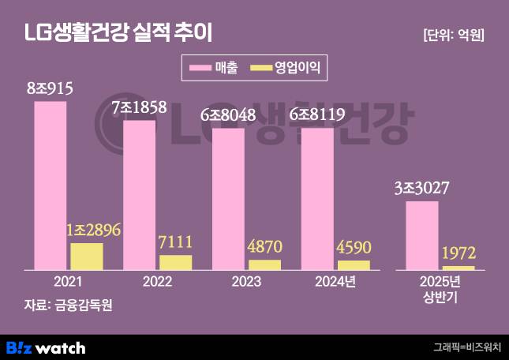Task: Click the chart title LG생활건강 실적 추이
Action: coord(118,33)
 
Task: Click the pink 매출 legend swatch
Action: coord(200,69)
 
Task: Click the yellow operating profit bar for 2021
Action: coord(86,257)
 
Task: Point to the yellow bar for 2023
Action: coord(264,264)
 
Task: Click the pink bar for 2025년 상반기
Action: coord(421,235)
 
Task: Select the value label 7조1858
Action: coord(139,108)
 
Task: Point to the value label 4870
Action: coord(265,247)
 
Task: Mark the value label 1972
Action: coord(458,254)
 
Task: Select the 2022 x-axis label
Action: coord(157,281)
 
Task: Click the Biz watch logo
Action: coord(45,347)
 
